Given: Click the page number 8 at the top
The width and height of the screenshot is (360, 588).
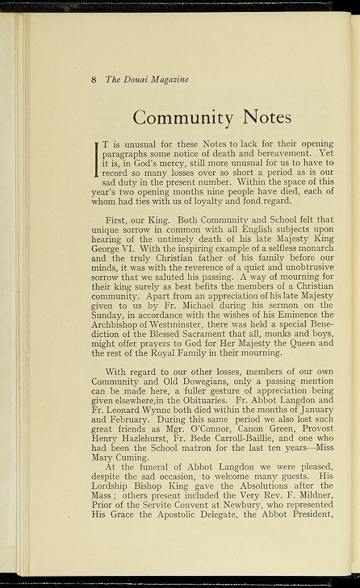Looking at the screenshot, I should (x=94, y=79).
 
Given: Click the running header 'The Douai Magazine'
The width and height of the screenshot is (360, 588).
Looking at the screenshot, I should (x=147, y=79).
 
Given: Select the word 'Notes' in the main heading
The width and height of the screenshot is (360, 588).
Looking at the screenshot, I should (x=267, y=118).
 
